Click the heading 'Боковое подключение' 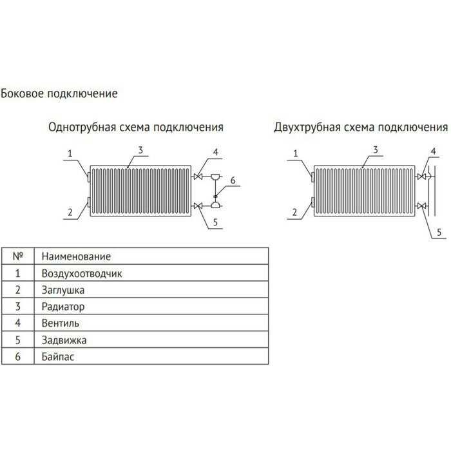[x=59, y=93]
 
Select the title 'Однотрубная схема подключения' [x=136, y=126]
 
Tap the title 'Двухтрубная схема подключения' [x=360, y=126]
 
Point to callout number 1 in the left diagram [x=72, y=153]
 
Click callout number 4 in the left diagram [x=216, y=152]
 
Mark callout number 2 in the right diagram [x=295, y=211]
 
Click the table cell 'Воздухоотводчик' [x=81, y=273]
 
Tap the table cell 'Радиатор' [x=62, y=307]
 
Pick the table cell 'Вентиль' [x=60, y=323]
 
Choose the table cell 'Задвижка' [x=63, y=340]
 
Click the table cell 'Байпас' [x=58, y=356]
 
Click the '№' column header [x=17, y=256]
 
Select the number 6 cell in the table [x=17, y=356]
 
